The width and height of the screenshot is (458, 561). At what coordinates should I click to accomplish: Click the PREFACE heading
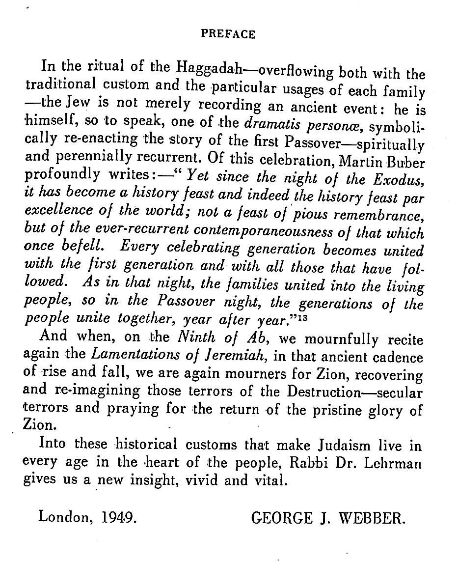[x=229, y=34]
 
